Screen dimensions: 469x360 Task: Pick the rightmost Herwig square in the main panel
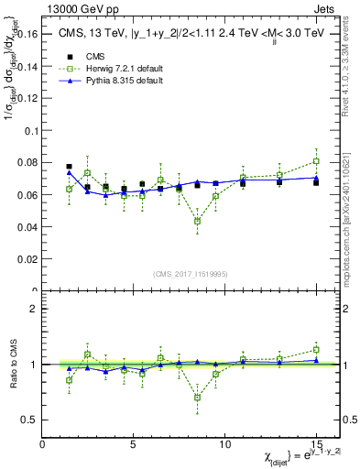click(316, 161)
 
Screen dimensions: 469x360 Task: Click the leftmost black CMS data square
click(69, 167)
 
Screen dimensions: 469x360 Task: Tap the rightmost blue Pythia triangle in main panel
click(316, 177)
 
